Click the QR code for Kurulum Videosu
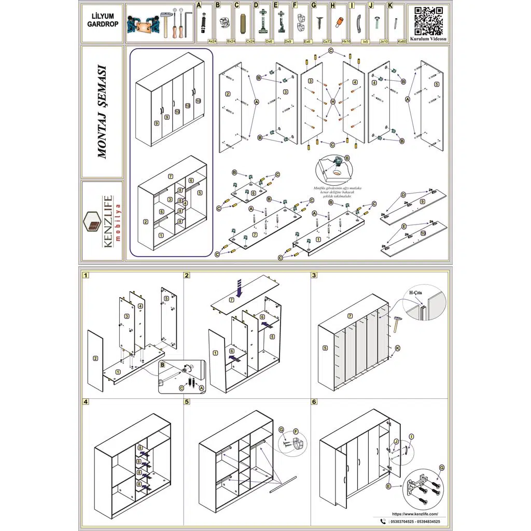[x=429, y=21]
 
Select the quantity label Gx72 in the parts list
[x=326, y=40]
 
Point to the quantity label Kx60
[x=401, y=40]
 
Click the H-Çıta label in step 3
[x=416, y=294]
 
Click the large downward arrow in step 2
[x=239, y=286]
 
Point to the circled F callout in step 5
[x=296, y=431]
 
